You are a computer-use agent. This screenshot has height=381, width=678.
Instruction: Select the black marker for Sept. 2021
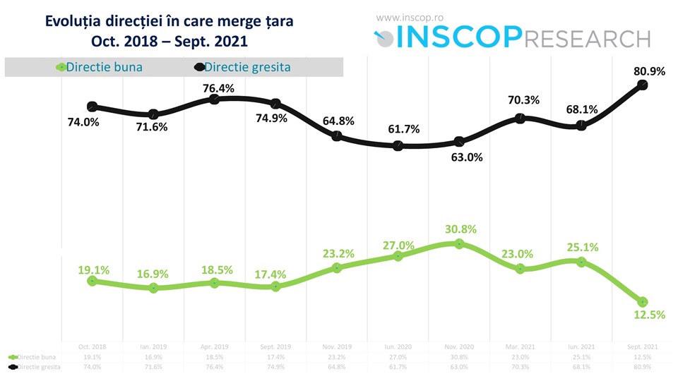coord(643,85)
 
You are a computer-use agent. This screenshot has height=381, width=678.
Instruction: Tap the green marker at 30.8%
coord(459,243)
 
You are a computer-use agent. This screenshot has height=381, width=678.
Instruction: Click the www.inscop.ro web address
coord(408,17)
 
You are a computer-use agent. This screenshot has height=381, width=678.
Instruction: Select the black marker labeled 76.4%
coord(214,99)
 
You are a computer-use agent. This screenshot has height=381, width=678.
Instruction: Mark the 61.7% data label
coord(403,128)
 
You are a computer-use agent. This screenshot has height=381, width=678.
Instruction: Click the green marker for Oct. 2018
coord(92,281)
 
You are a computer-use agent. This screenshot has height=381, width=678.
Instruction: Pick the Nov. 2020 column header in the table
coord(459,347)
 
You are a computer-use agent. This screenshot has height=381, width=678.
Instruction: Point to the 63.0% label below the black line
coord(466,157)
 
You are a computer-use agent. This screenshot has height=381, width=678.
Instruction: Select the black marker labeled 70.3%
coord(521,119)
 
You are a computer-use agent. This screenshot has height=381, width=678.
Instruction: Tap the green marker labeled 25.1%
coord(581,262)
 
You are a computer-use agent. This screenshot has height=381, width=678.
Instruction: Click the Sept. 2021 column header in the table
coord(643,347)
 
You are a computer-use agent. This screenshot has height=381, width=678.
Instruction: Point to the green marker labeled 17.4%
coord(275,286)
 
